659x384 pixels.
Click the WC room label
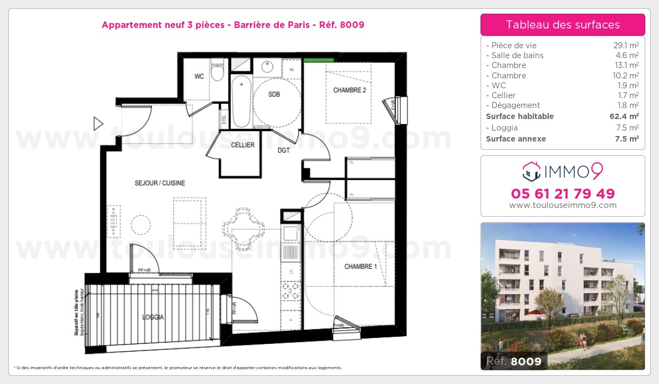[199, 77]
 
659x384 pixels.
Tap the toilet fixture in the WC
[218, 71]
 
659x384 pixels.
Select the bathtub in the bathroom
[242, 102]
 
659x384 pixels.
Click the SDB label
[274, 94]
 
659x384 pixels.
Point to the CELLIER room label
[243, 145]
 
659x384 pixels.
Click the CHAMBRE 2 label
[349, 91]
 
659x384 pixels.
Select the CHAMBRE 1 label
[360, 267]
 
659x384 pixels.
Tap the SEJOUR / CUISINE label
[160, 183]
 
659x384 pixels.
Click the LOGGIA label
[153, 317]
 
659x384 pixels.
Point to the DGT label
[283, 150]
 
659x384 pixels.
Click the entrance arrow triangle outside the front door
[98, 123]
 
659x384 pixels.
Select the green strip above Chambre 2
[319, 59]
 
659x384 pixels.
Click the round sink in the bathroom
[267, 67]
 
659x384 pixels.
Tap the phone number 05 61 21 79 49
[563, 194]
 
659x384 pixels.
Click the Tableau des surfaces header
[563, 25]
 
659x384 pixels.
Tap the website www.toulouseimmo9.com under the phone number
[563, 205]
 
